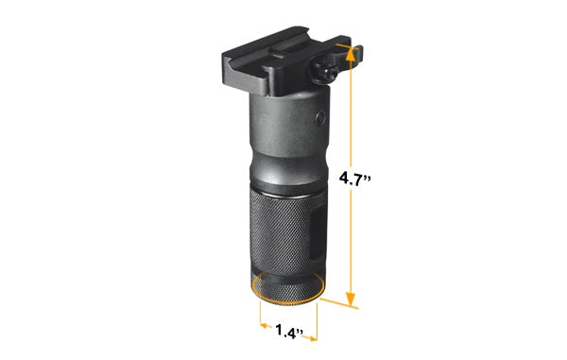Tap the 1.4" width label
(287, 332)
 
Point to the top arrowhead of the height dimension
(350, 57)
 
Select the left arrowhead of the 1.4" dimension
(260, 332)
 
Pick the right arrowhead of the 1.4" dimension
(315, 332)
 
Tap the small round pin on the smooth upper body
(316, 121)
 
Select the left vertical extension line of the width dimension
(255, 321)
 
